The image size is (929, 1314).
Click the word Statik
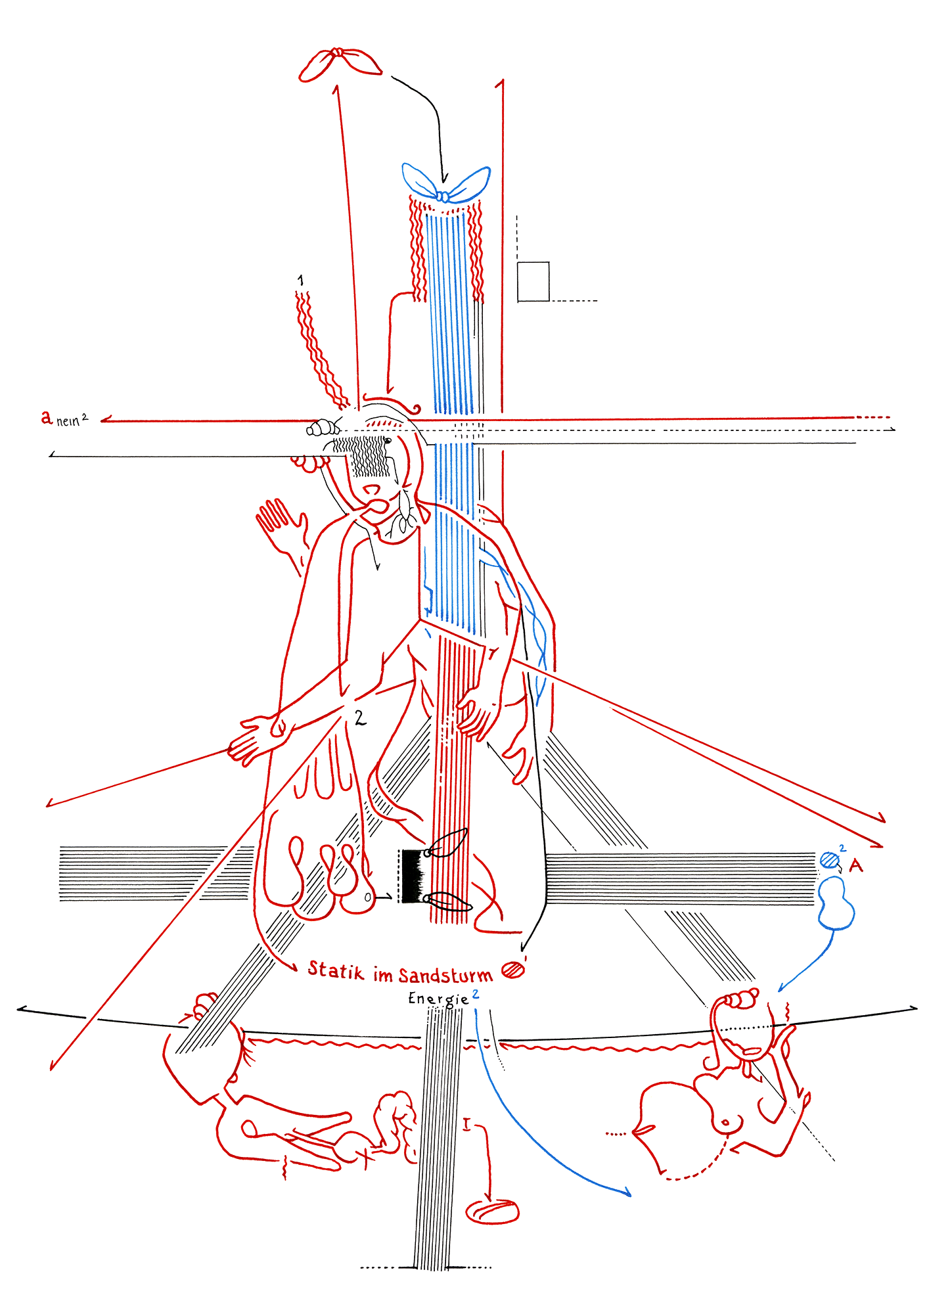pos(335,970)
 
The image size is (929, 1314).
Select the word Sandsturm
pos(445,974)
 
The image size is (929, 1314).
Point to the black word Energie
pos(438,999)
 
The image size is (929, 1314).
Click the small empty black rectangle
pos(533,282)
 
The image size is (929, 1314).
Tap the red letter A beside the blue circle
pos(855,865)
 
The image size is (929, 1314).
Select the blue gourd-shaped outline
pos(836,904)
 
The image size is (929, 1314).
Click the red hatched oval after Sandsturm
pos(513,970)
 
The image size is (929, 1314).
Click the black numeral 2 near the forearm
pos(359,718)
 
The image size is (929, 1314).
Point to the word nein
pos(68,421)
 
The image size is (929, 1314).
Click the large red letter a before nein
pos(46,417)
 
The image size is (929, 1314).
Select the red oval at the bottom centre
pos(492,1211)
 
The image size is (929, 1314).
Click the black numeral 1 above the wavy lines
pos(300,281)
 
